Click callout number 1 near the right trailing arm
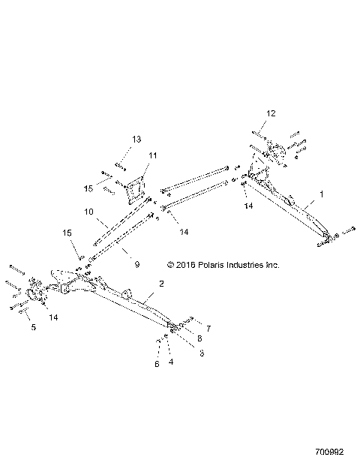[322, 194]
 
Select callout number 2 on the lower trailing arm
[160, 284]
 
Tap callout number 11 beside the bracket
[153, 156]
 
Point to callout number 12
[271, 113]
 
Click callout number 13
[136, 140]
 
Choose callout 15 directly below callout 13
[109, 188]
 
